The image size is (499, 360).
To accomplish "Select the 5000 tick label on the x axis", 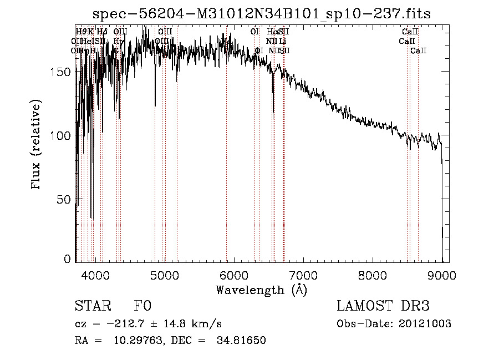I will (x=165, y=275).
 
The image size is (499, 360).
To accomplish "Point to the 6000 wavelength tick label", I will (x=234, y=275).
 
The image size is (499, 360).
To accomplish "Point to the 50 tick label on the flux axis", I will (x=65, y=199).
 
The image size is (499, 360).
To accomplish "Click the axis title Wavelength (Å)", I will (x=261, y=290).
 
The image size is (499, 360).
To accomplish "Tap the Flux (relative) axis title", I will (x=37, y=145).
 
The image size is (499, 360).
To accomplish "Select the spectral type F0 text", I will (x=142, y=306).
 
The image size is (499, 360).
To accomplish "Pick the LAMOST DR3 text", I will (x=383, y=306).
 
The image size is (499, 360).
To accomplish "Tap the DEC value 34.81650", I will (x=244, y=341).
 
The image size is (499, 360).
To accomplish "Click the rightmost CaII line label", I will (x=419, y=51).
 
